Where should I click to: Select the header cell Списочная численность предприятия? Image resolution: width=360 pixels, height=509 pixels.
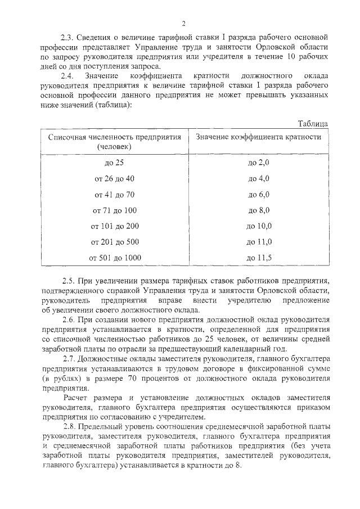[115, 141]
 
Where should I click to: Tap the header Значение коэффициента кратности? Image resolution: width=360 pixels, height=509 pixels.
[259, 137]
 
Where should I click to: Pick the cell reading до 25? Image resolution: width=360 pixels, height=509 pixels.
[114, 163]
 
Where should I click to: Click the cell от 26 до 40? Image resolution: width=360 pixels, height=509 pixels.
[114, 178]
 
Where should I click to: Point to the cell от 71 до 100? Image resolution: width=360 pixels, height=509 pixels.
[114, 210]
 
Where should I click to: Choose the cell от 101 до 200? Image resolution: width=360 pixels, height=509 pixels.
[114, 226]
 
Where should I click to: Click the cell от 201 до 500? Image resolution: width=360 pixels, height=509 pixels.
[114, 242]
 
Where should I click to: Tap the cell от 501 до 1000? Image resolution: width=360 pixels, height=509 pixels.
[114, 258]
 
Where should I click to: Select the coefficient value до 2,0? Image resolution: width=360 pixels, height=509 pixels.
[259, 163]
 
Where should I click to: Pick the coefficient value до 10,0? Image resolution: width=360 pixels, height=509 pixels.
[259, 226]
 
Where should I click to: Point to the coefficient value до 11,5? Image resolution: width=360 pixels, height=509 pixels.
[259, 258]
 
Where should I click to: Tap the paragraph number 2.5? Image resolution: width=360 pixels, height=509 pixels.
[67, 280]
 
